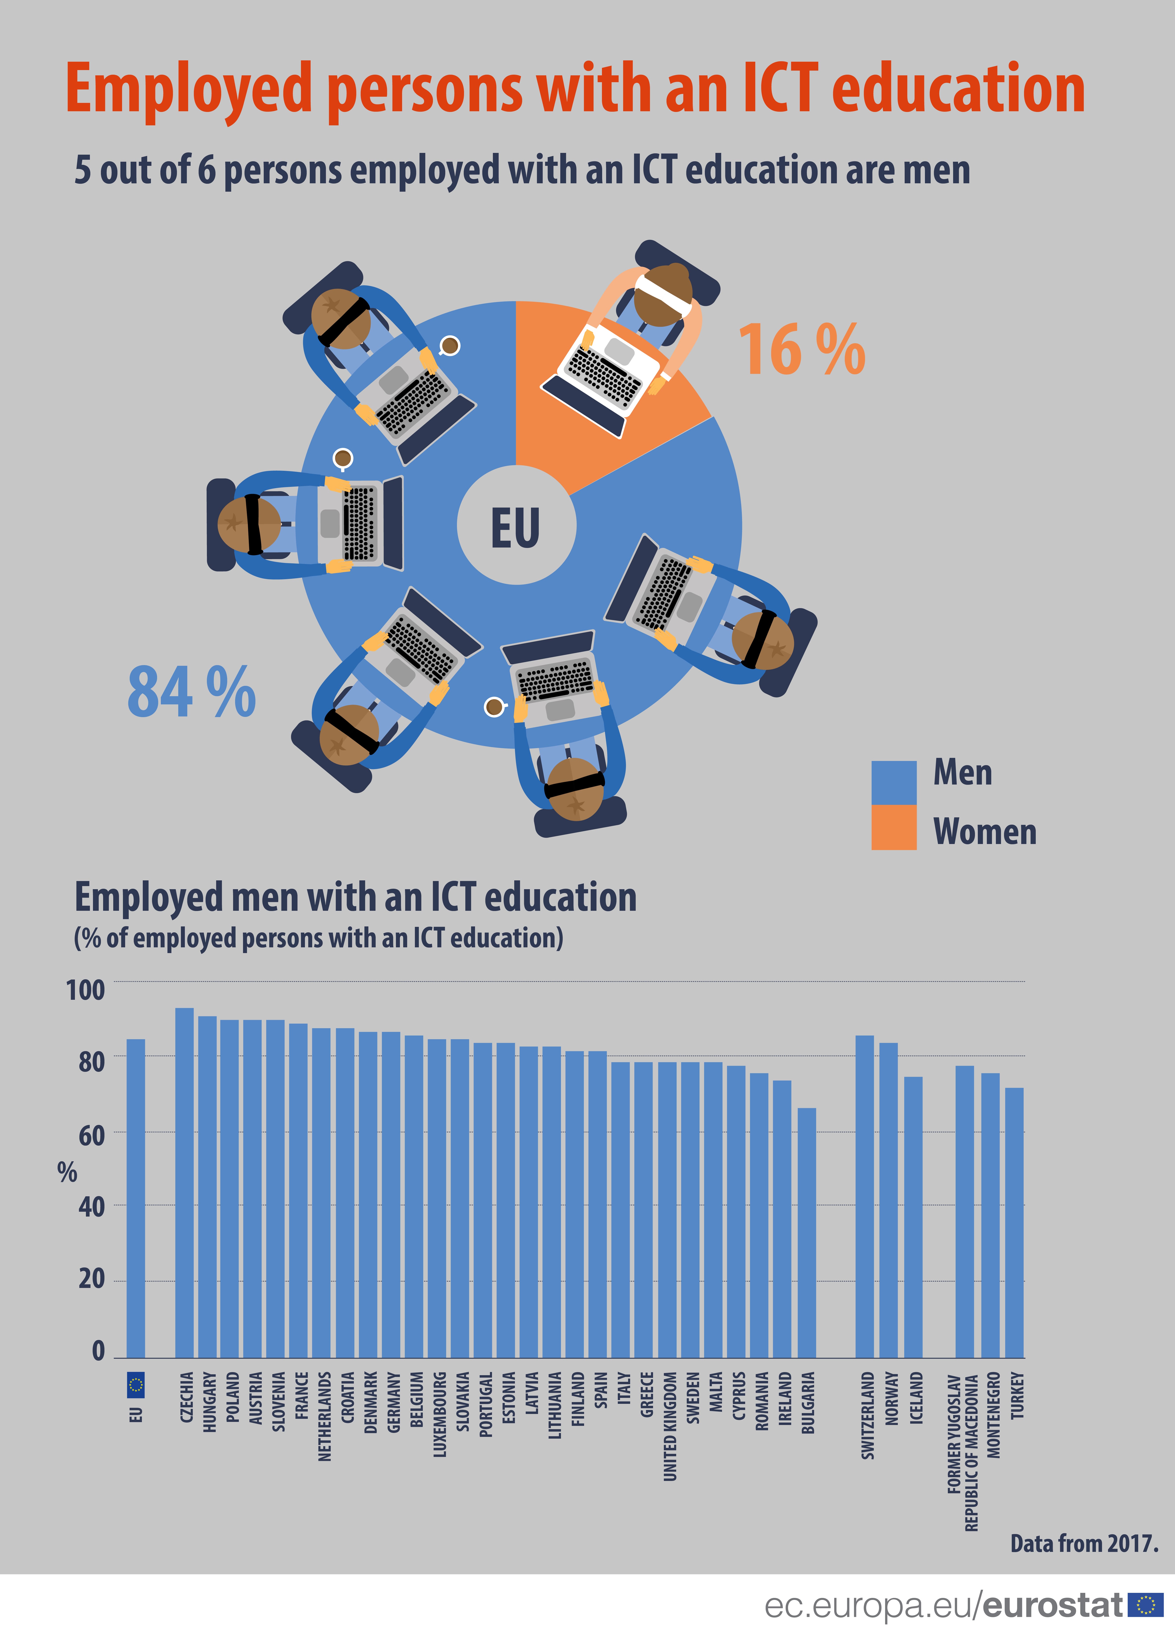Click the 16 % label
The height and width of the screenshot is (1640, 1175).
click(x=801, y=351)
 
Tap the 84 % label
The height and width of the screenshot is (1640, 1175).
click(x=192, y=693)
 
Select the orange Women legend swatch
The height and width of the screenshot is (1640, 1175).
click(x=894, y=828)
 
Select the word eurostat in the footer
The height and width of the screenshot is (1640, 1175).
click(x=1053, y=1605)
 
